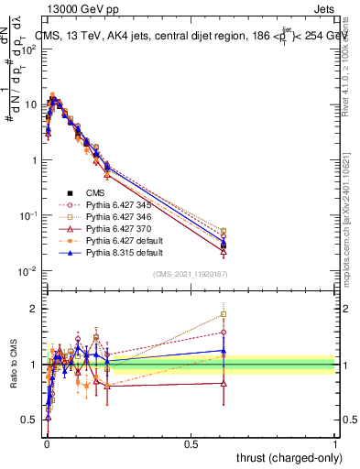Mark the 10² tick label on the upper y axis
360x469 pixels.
coord(27,49)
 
